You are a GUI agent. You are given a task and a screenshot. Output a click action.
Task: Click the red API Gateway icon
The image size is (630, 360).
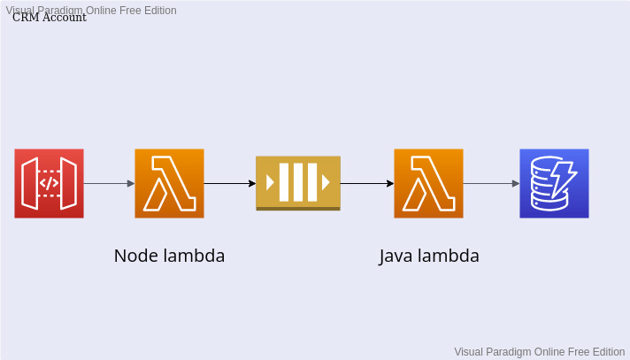49,183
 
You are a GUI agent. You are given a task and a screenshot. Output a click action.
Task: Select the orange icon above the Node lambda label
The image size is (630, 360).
169,183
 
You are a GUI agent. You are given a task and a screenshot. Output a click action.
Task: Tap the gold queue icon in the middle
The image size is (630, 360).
298,183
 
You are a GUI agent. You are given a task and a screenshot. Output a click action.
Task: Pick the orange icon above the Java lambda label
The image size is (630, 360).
428,183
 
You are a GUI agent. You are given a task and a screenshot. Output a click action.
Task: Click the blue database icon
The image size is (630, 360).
554,183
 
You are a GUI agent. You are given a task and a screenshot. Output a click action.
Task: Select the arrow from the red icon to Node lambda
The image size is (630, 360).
109,184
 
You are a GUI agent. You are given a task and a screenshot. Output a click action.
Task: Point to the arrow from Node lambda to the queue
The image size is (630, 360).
230,184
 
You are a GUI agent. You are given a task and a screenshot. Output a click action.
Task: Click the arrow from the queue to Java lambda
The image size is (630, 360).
367,184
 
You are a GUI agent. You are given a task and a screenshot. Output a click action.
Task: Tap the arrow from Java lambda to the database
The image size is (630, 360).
491,184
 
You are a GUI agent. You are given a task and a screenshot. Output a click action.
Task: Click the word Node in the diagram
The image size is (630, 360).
134,257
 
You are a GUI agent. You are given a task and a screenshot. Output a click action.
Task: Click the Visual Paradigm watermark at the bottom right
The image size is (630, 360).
539,351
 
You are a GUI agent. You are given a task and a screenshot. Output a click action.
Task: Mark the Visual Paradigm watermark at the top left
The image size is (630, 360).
90,10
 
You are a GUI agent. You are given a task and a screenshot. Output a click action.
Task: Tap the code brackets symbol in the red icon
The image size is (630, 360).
50,183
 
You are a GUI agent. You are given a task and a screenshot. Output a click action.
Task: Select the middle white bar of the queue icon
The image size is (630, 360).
298,182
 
